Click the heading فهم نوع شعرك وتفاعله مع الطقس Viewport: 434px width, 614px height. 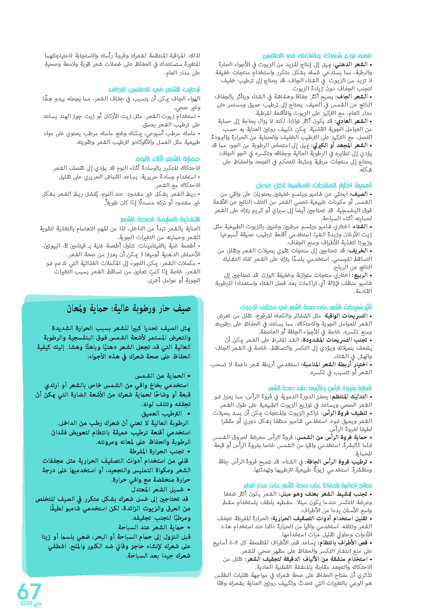[x=317, y=56]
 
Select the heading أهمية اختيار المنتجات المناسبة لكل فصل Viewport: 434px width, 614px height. [x=313, y=185]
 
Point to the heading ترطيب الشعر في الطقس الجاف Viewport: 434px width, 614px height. [x=154, y=89]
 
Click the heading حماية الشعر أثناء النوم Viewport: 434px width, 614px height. [x=167, y=159]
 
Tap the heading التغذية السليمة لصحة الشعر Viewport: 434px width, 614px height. [x=160, y=219]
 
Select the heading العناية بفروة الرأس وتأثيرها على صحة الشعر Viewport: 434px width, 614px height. [x=320, y=388]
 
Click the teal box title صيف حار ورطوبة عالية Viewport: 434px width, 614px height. [x=129, y=308]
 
